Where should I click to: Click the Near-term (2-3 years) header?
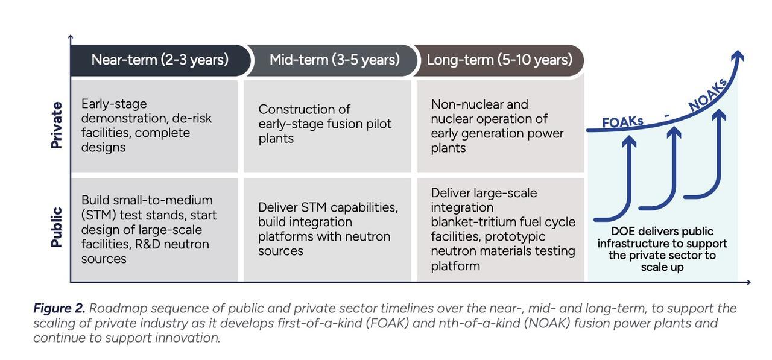[160, 60]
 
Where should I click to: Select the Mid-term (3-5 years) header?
[335, 60]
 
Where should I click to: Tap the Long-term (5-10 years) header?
[499, 60]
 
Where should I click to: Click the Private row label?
[57, 125]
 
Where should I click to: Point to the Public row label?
[57, 227]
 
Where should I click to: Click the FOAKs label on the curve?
[622, 122]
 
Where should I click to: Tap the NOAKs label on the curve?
[708, 95]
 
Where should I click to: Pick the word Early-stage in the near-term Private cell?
[114, 104]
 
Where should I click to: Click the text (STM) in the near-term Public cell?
[98, 215]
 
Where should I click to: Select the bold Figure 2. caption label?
[59, 308]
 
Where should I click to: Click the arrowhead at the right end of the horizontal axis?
[748, 282]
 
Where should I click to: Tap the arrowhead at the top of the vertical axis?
[71, 37]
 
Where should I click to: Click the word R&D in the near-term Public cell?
[148, 244]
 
